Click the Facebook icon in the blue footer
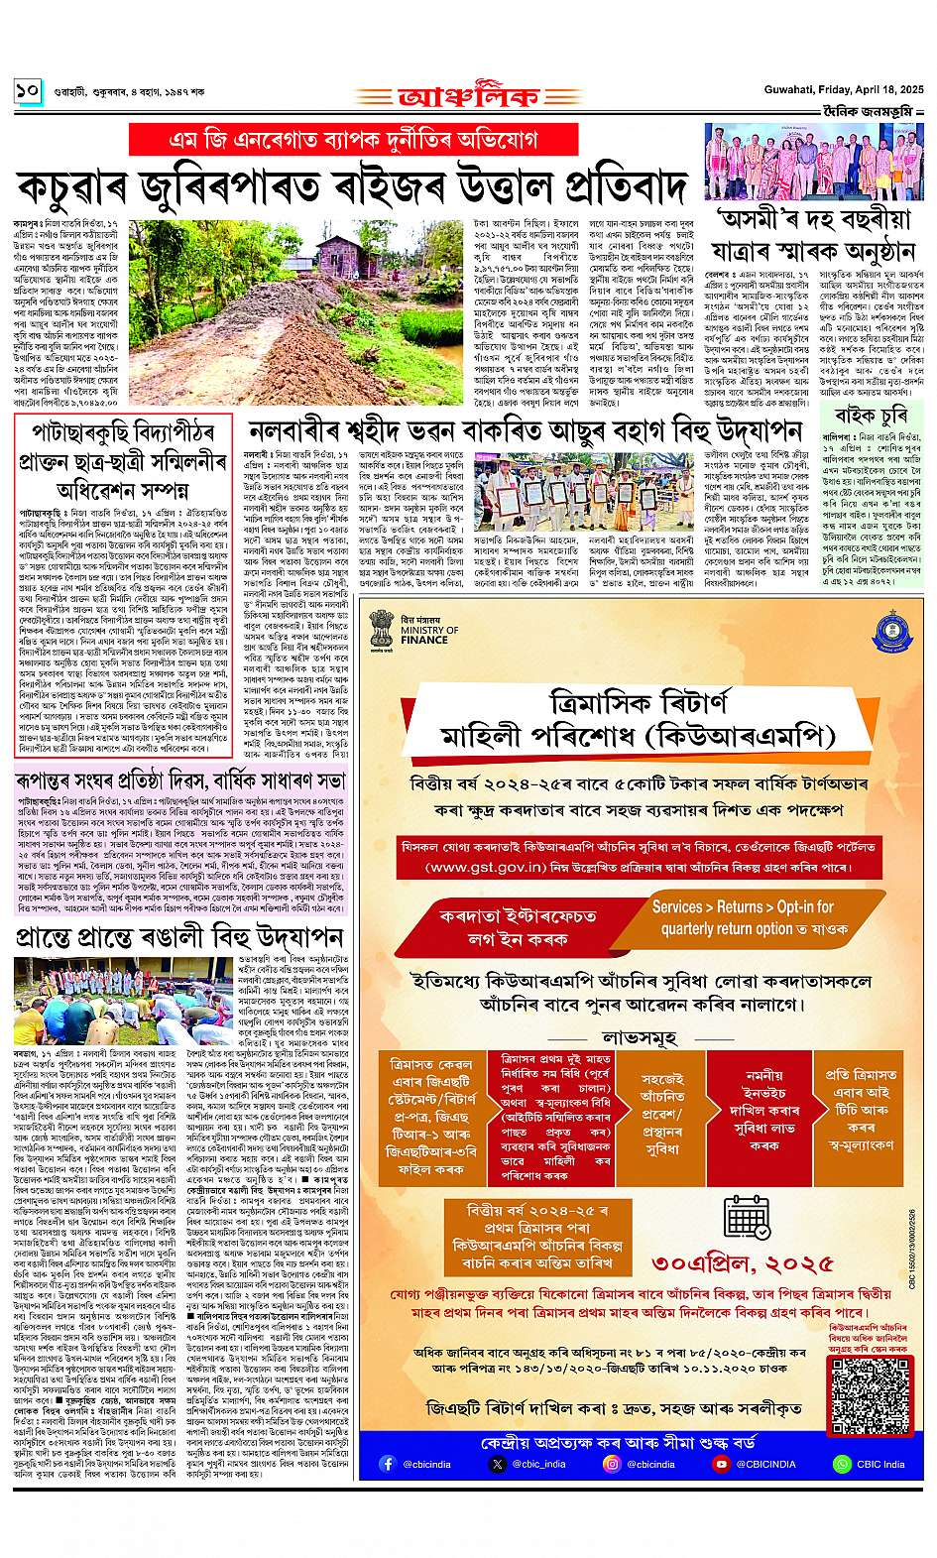[388, 1464]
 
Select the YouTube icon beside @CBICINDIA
[722, 1464]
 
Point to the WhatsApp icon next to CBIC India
[842, 1464]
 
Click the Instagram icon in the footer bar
[611, 1464]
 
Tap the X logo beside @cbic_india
[497, 1464]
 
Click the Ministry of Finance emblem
[384, 627]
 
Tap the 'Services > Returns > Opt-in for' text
[742, 906]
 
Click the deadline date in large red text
[743, 1262]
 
